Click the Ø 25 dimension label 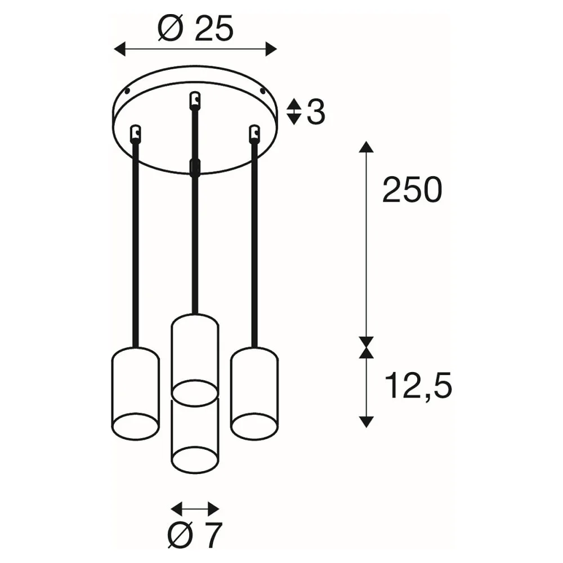click(x=196, y=28)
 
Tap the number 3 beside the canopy click(x=316, y=112)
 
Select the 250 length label click(x=412, y=190)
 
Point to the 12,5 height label click(x=418, y=386)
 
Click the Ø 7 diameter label click(x=195, y=535)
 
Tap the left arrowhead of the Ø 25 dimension click(x=119, y=49)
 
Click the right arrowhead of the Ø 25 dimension click(x=271, y=49)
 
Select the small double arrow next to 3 click(x=294, y=111)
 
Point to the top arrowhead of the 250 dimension click(x=367, y=147)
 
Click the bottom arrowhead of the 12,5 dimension click(x=367, y=422)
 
